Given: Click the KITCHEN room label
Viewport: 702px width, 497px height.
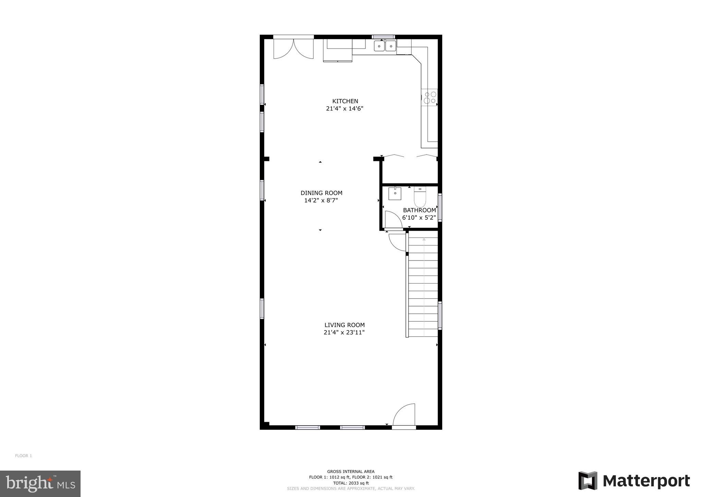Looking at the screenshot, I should pos(345,101).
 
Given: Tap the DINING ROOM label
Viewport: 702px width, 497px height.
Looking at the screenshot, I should pos(321,193).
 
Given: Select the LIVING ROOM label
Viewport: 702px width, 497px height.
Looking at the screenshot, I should pos(344,325).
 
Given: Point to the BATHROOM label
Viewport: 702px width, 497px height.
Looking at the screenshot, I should pos(419,210).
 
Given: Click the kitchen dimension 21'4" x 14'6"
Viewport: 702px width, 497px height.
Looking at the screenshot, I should pos(344,109).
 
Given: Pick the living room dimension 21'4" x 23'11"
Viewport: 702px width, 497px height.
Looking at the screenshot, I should pos(344,332).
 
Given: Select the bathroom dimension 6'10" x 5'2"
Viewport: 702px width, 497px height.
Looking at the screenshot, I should pos(419,218).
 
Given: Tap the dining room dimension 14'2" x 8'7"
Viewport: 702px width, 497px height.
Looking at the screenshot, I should pos(321,200).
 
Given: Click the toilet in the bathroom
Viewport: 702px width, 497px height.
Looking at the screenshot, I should pos(420,197).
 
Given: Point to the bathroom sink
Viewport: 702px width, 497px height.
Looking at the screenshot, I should pos(395,194).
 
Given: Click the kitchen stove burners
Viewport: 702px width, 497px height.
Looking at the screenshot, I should pos(430,97).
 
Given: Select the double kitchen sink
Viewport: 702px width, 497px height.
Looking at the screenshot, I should pos(385,46).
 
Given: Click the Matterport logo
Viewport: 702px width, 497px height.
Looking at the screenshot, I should pos(634,481).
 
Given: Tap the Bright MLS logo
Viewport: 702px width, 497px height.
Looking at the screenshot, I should pos(40,484).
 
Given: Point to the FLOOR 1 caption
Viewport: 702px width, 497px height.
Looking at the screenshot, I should pos(23,456).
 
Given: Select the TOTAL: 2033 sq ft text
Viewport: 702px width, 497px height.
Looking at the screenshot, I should pos(351,483).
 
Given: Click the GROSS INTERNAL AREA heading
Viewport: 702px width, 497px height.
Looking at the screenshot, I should pos(351,472).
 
